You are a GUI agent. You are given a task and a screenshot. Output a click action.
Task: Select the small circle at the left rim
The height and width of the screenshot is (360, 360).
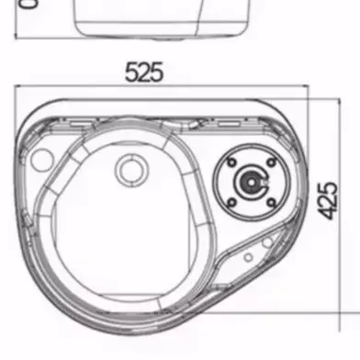click(38, 160)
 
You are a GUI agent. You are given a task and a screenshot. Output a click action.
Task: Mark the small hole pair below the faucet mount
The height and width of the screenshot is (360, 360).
click(265, 242)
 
